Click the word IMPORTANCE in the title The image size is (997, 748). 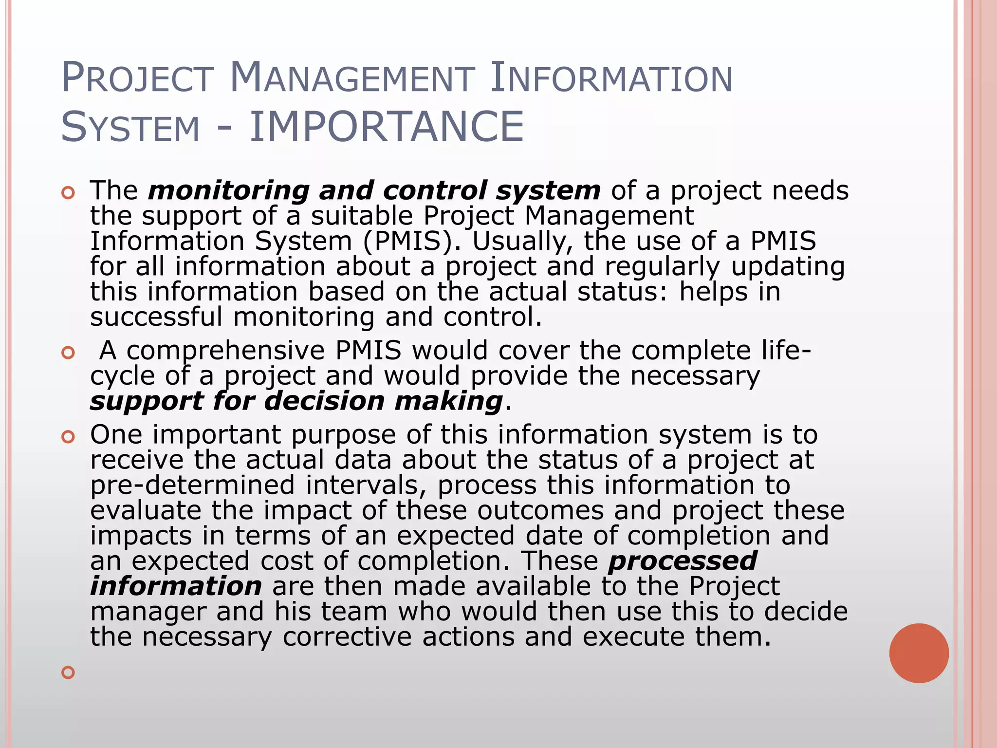[x=387, y=127]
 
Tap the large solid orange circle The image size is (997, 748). [x=919, y=653]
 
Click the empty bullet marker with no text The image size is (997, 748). [x=68, y=673]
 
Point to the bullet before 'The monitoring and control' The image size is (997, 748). [x=68, y=193]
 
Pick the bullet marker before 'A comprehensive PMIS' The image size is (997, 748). [x=68, y=353]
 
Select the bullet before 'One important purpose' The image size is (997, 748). [x=68, y=437]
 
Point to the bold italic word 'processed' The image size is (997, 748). [x=683, y=561]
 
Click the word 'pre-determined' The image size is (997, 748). [x=193, y=485]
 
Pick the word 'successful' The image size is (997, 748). [x=156, y=317]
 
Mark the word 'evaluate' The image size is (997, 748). [x=146, y=510]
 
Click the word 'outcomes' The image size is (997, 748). [x=540, y=510]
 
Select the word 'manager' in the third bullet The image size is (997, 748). [x=148, y=612]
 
